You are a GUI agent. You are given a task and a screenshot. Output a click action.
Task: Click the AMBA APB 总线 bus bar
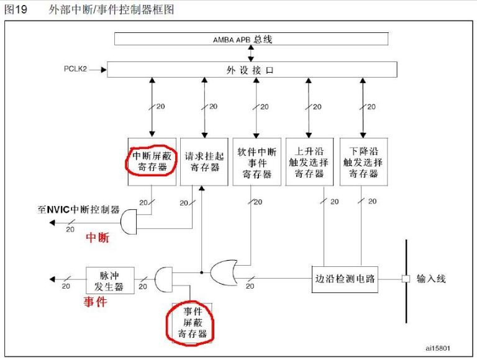pyautogui.click(x=252, y=39)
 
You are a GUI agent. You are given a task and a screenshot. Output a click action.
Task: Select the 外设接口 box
pyautogui.click(x=252, y=70)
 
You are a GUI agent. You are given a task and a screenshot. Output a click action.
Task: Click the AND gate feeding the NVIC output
pyautogui.click(x=129, y=222)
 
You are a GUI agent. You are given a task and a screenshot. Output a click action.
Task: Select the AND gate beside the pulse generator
pyautogui.click(x=163, y=280)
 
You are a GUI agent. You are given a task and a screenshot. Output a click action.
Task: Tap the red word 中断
pyautogui.click(x=96, y=238)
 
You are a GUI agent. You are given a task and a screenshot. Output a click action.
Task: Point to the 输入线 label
pyautogui.click(x=431, y=279)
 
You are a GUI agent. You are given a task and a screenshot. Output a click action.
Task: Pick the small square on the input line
pyautogui.click(x=406, y=279)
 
